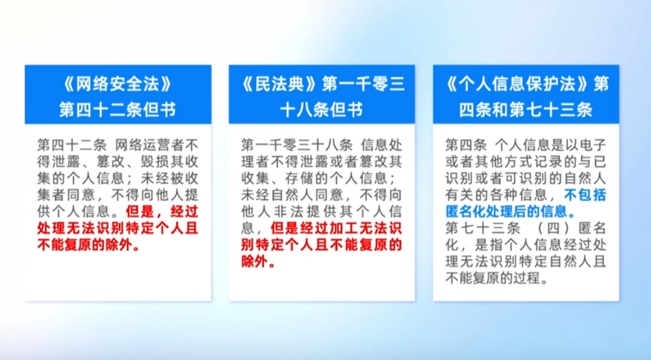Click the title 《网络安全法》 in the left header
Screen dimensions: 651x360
[118, 85]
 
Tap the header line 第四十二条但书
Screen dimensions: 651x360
[118, 110]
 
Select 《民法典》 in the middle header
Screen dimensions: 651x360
[279, 85]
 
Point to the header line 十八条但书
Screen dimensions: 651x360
[322, 110]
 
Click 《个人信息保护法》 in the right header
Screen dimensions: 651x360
[517, 85]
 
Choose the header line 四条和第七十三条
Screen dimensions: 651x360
[525, 110]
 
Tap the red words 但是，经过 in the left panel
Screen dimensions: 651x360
[162, 212]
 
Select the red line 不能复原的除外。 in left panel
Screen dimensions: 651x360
[89, 245]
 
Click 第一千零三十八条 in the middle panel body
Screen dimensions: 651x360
[297, 145]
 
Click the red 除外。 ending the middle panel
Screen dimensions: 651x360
[258, 262]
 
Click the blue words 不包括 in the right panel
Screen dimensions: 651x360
[585, 195]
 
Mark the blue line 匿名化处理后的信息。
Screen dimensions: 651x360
[511, 212]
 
